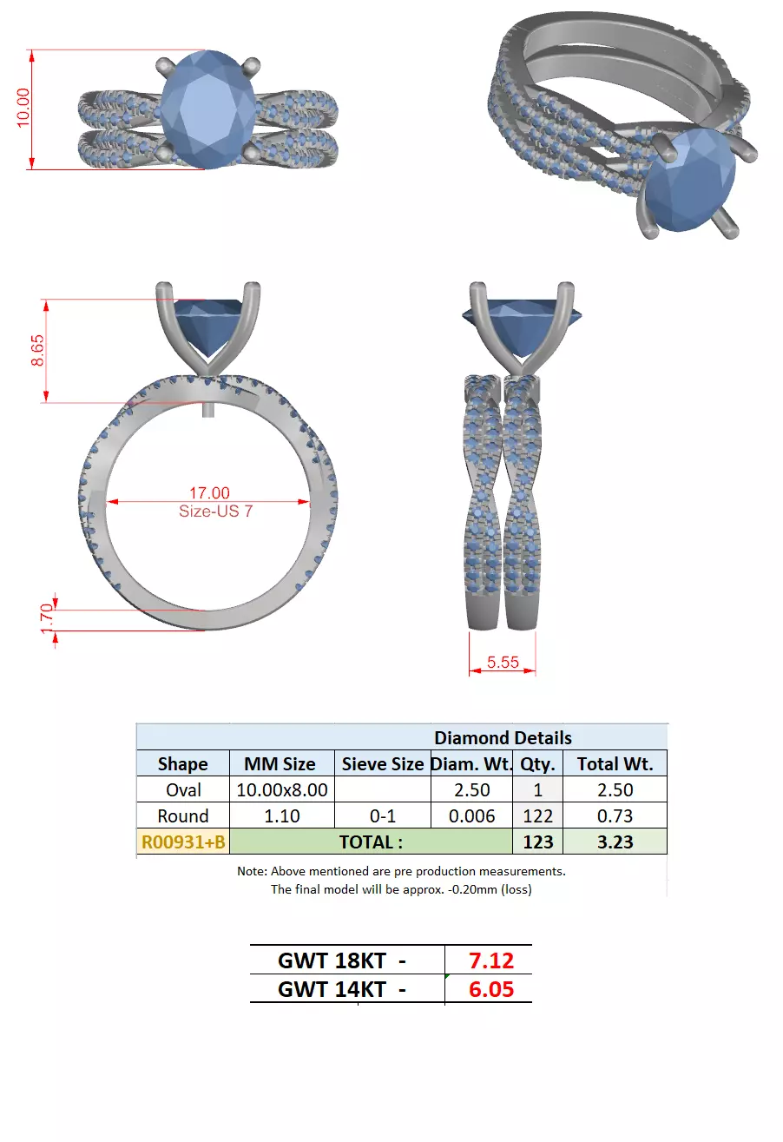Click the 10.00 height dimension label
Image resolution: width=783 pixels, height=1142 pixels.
point(23,108)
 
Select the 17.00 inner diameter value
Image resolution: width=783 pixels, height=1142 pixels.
point(209,493)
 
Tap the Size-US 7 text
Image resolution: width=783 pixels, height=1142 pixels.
point(215,511)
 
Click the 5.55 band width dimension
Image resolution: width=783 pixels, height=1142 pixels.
point(503,662)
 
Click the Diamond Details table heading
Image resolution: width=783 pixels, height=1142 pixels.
point(503,737)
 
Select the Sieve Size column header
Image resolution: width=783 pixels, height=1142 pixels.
point(382,764)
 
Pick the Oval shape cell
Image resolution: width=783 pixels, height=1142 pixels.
point(183,789)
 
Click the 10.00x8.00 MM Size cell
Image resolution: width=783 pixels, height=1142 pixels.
point(282,789)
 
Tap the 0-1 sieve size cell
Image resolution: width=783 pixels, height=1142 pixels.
point(382,815)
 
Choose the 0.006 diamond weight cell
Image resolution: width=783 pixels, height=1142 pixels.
point(472,815)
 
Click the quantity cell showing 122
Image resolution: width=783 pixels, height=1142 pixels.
point(538,815)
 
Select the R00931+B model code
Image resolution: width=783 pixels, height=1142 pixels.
point(183,842)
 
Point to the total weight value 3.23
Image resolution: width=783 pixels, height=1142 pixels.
point(615,842)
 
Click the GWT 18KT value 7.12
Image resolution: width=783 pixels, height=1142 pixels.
point(491,960)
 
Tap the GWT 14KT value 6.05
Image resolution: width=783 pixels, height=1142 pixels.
point(491,989)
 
